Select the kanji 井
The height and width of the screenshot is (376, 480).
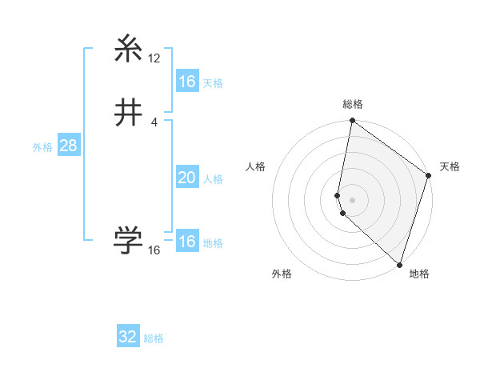coord(129,113)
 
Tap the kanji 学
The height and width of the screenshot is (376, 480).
coord(129,240)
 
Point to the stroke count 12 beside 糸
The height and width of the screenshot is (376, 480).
coord(154,58)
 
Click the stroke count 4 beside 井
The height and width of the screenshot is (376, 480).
coord(154,122)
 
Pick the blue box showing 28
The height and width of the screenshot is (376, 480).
coord(67,146)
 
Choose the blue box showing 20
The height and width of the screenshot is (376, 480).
coord(186,178)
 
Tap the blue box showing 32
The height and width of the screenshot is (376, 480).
coord(128,337)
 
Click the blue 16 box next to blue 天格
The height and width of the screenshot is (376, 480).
coord(186,82)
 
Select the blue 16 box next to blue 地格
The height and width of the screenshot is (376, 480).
coord(186,242)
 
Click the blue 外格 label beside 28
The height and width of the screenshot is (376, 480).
coord(42,147)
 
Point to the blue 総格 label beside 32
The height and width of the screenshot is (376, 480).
coord(154,338)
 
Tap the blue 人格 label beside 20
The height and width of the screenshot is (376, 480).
coord(213,179)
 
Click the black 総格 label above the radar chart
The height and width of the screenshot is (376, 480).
coord(353,104)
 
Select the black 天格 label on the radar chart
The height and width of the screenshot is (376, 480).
coord(450,166)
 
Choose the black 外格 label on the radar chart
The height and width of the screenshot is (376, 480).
coord(282,274)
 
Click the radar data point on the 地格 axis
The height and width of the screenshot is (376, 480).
coord(399,264)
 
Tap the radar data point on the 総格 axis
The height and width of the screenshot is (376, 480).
coord(353,122)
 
